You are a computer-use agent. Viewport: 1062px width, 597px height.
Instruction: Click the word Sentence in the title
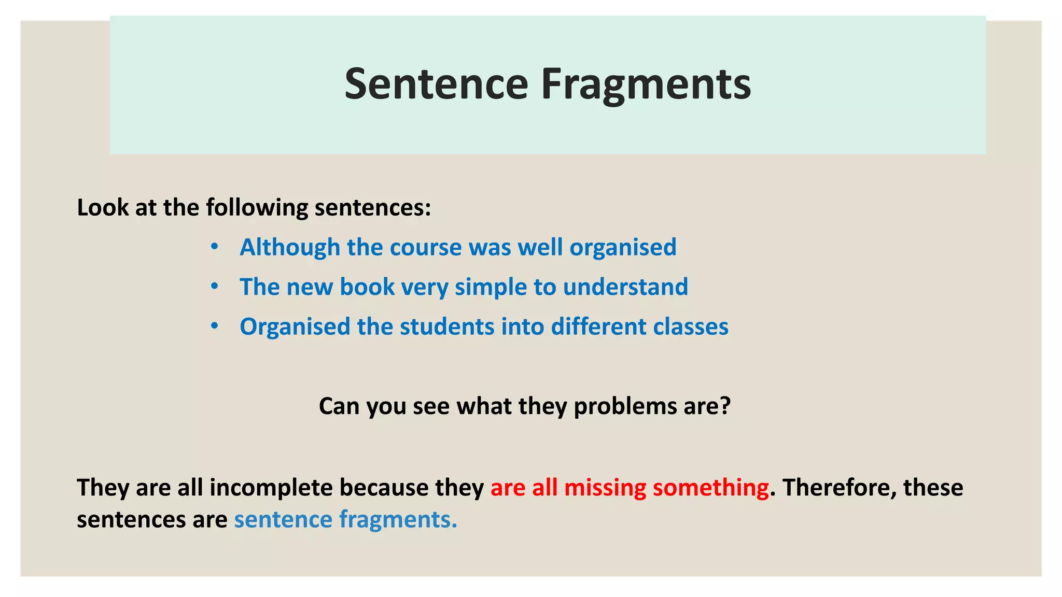(436, 84)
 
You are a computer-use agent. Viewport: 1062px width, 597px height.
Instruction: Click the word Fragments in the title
(646, 85)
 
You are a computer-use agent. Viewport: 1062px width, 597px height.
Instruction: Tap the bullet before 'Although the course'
(215, 246)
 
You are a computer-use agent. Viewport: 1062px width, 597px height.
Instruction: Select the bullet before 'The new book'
(215, 286)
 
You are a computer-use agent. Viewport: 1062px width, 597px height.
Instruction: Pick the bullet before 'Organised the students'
(215, 326)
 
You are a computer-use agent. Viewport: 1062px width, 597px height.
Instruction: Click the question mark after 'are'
(725, 406)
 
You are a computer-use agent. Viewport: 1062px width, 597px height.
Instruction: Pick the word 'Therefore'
(839, 488)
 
